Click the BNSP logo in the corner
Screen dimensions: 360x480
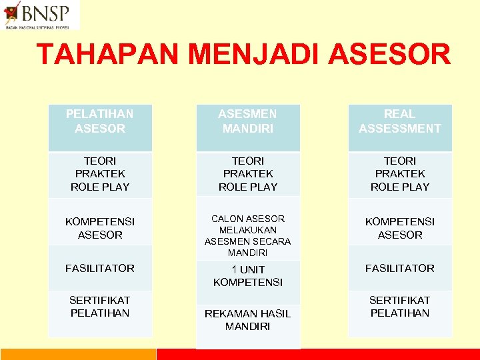(40, 15)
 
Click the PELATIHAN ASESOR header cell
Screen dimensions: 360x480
(100, 121)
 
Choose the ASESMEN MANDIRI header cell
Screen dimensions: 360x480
(248, 121)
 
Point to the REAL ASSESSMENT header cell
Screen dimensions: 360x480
(400, 121)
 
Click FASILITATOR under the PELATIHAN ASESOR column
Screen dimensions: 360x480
(100, 268)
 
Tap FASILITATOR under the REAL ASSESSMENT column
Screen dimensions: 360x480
(400, 268)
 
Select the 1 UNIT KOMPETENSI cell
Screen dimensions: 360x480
(248, 275)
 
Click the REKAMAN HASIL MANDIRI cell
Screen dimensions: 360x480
(248, 320)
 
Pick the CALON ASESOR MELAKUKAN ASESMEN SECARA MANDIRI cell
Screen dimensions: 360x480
(248, 235)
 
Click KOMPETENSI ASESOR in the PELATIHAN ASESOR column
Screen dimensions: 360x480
(100, 228)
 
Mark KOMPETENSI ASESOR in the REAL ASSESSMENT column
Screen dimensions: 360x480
(400, 228)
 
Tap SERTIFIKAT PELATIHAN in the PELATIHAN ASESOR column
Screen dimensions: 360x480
(100, 307)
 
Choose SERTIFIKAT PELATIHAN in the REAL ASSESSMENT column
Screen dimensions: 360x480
(400, 307)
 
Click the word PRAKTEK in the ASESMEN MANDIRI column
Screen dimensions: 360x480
(248, 174)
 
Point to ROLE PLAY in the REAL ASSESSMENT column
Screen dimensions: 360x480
(400, 187)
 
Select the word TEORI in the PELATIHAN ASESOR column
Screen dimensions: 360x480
(100, 161)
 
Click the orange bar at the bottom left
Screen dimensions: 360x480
(77, 354)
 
